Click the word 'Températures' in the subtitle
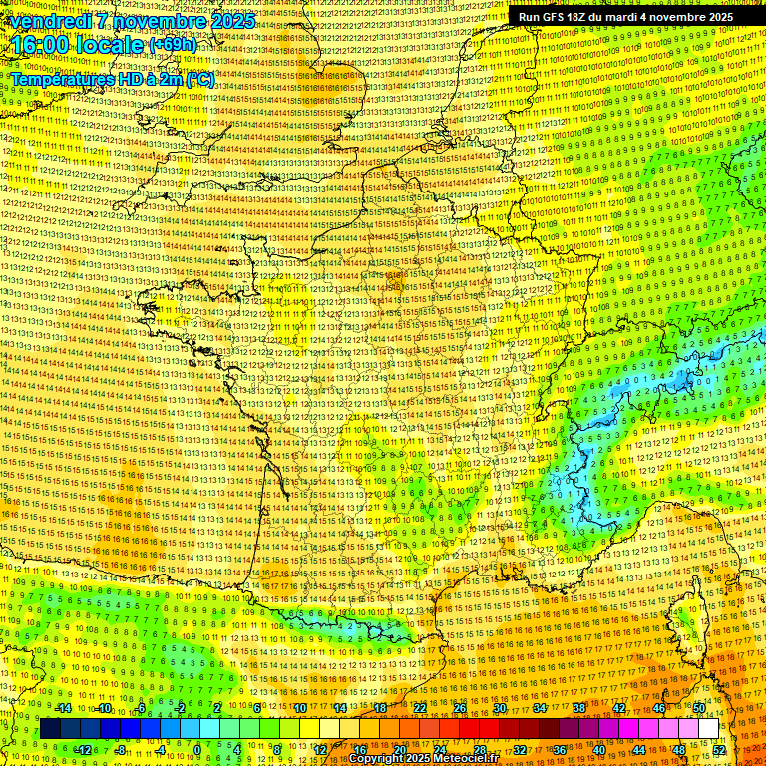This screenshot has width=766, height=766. point(56,78)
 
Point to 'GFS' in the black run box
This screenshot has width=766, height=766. point(555,17)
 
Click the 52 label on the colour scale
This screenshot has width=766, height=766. point(719,750)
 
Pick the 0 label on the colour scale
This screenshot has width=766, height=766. point(197,750)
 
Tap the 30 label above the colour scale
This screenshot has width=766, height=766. point(499,708)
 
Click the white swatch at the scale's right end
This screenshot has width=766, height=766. point(708,729)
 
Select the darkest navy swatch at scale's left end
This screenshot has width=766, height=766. point(51,729)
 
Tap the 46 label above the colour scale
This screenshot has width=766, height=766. point(658,708)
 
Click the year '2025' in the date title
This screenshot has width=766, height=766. point(225,21)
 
